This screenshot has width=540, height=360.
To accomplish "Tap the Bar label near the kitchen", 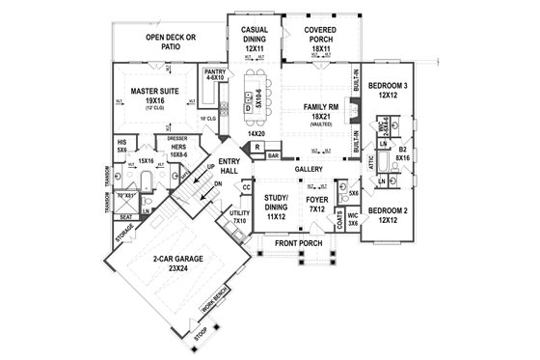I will coord(273,154).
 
